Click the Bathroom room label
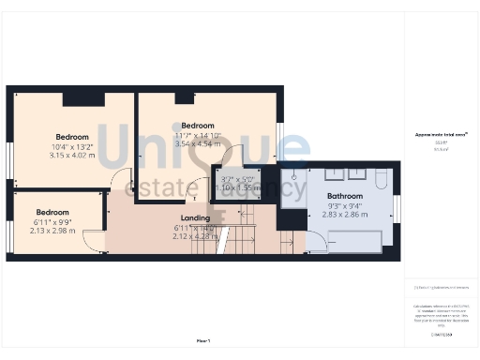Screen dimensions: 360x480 [345, 195]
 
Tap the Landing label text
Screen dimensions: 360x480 [195, 218]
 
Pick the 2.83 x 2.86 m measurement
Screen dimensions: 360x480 [345, 214]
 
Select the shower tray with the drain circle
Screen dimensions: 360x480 [293, 186]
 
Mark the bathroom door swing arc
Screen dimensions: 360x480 [317, 239]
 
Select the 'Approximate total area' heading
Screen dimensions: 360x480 [441, 135]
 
